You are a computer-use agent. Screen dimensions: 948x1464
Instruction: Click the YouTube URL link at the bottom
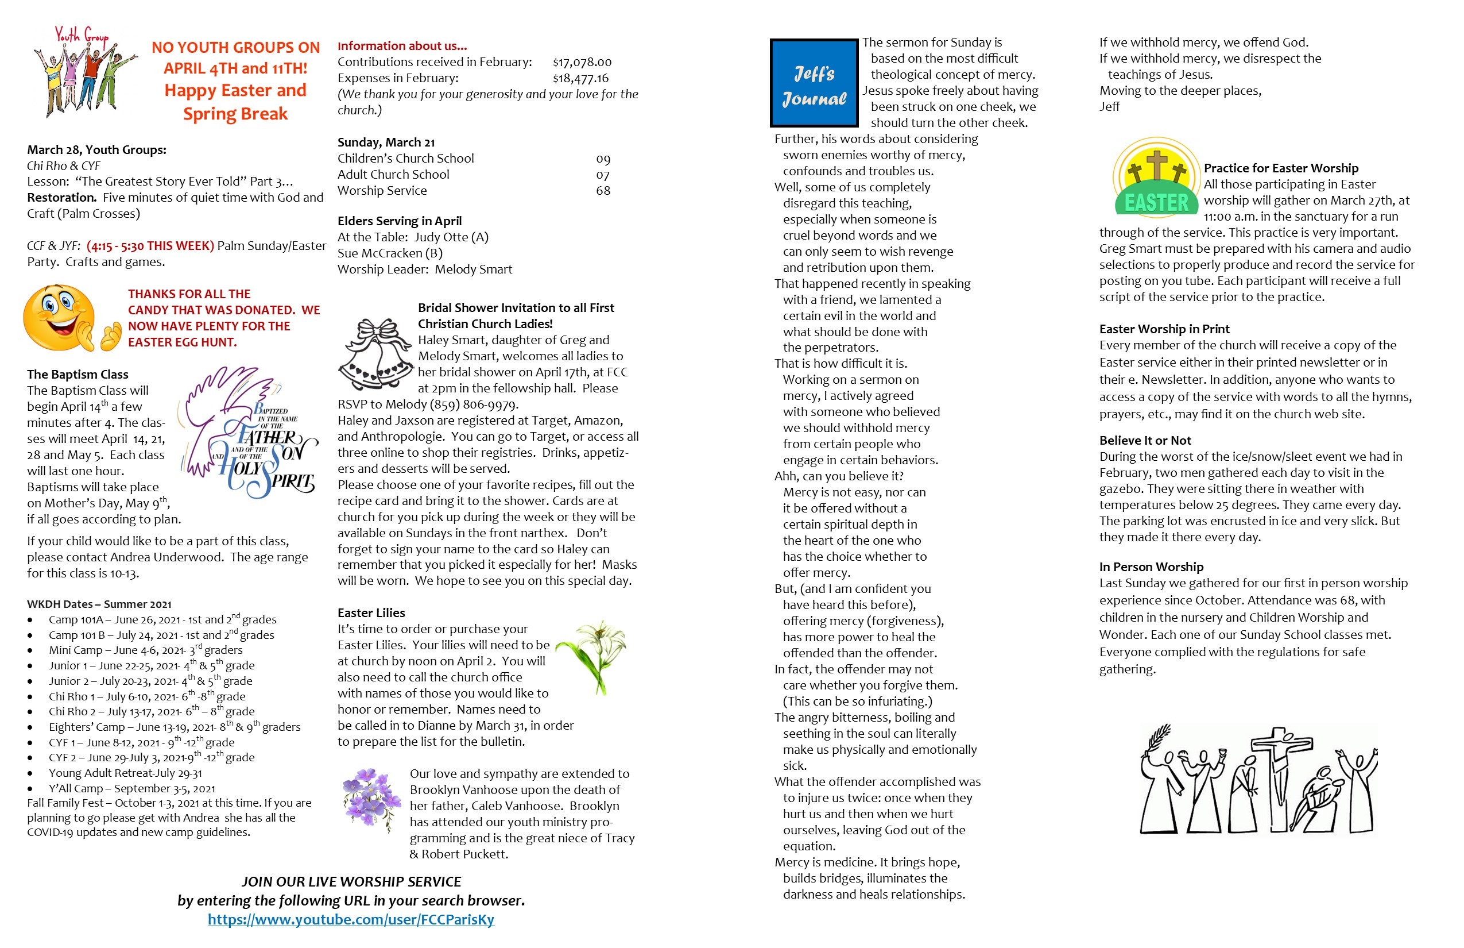pos(351,920)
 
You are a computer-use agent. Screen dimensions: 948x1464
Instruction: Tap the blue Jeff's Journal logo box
pos(814,83)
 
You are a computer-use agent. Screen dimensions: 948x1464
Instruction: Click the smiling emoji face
pos(60,318)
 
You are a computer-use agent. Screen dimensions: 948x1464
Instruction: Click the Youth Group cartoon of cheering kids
pos(83,72)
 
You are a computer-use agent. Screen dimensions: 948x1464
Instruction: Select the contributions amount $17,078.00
pos(582,62)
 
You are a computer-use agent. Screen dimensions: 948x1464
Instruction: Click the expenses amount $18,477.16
pos(580,78)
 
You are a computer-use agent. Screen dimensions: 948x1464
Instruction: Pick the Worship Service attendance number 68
pos(603,191)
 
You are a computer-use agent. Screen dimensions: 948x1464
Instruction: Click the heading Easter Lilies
pos(371,613)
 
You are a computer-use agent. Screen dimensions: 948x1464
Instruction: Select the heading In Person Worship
pos(1151,567)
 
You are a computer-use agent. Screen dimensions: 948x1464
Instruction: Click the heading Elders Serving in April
pos(399,221)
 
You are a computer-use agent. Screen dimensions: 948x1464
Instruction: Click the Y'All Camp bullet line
pos(131,788)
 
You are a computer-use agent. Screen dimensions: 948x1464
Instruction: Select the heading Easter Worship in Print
pos(1164,329)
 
